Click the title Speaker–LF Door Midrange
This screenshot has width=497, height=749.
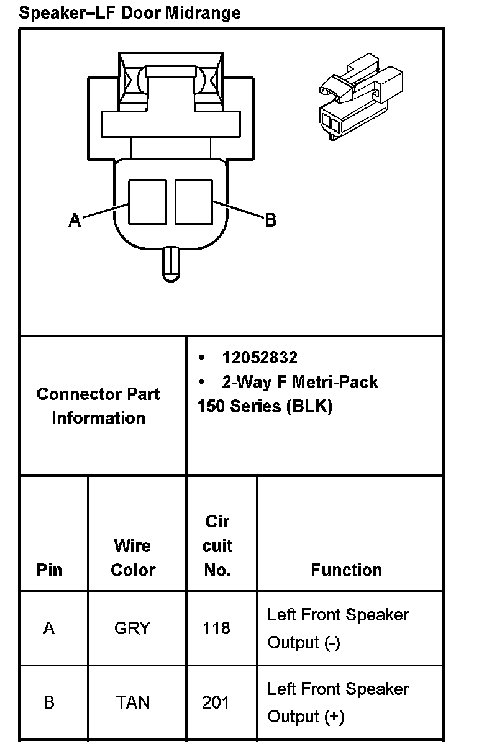[x=130, y=12]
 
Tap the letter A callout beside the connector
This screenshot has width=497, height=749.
[x=75, y=220]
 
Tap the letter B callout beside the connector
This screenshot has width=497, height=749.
[x=270, y=220]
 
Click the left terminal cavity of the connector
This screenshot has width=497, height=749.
[x=147, y=202]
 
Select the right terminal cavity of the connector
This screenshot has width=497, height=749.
[x=194, y=202]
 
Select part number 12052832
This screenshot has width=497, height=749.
[x=260, y=358]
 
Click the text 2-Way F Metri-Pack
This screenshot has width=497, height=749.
[x=299, y=382]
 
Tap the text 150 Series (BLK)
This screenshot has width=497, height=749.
[x=265, y=406]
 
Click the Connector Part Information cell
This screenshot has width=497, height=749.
[x=98, y=406]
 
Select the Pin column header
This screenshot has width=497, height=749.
[x=49, y=570]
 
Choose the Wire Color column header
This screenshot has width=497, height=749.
[x=132, y=557]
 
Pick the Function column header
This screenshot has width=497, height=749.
[x=346, y=570]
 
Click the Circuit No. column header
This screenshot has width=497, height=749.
[x=217, y=545]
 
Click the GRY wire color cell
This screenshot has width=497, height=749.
[x=132, y=629]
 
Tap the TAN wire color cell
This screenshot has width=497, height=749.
[x=132, y=702]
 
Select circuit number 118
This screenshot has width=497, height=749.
[x=216, y=629]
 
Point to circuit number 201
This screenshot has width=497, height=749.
[x=216, y=702]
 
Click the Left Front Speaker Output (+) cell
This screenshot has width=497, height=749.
[x=338, y=702]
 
